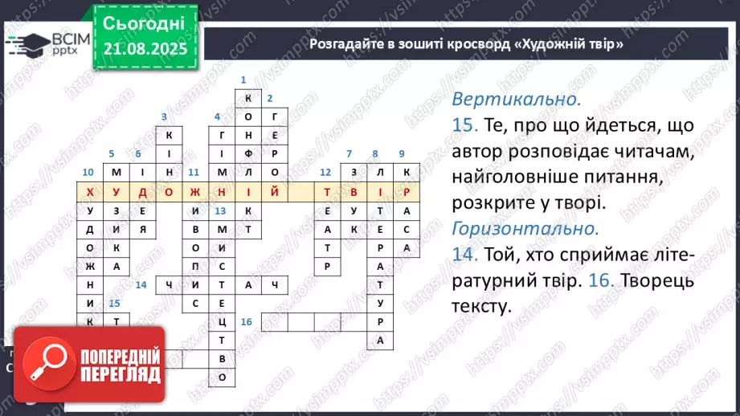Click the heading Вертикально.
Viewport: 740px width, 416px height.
pos(516,100)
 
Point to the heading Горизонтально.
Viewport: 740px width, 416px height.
pos(525,228)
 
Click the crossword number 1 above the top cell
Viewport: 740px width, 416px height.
pos(243,80)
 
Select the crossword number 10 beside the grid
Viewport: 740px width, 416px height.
pos(88,172)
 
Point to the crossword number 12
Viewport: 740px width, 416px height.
pos(325,172)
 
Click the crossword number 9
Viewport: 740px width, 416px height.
pos(402,153)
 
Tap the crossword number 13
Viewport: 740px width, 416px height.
pos(221,210)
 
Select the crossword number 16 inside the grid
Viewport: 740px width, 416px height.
pos(246,322)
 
